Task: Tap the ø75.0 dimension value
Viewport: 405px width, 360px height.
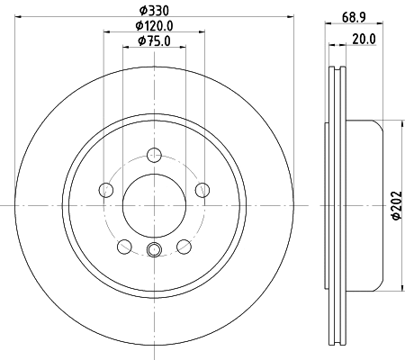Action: pos(154,42)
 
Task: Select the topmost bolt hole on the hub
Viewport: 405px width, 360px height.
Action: pos(154,154)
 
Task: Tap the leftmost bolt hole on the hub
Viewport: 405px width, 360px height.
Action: pos(106,189)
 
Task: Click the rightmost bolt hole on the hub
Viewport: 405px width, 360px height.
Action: pos(202,189)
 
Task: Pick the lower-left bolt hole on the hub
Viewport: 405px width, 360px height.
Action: pos(124,246)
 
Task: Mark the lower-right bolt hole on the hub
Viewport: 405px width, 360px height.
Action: pos(184,246)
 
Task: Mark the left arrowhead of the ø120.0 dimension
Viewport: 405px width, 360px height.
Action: pos(107,31)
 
